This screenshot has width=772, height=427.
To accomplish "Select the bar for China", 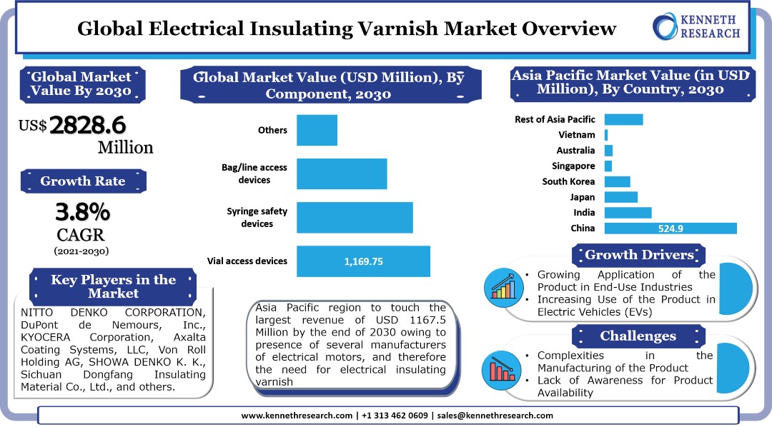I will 670,228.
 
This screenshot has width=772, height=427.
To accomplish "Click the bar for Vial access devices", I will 363,261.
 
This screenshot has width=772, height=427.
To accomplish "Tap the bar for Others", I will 317,130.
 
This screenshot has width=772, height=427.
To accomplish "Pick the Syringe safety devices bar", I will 355,217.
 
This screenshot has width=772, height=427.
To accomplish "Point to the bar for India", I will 628,213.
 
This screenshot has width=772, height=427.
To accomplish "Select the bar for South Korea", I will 617,181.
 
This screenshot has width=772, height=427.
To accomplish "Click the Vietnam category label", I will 576,134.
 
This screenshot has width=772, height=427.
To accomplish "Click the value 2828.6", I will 87,125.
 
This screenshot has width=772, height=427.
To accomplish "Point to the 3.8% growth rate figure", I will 83,212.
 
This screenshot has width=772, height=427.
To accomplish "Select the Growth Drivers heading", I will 639,255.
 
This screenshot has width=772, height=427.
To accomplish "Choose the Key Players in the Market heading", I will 113,286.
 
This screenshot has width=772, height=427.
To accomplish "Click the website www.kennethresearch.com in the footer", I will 297,416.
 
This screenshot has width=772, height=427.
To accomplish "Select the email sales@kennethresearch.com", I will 495,416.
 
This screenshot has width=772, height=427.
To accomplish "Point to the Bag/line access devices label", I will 254,174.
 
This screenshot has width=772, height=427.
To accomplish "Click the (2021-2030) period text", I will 81,251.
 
